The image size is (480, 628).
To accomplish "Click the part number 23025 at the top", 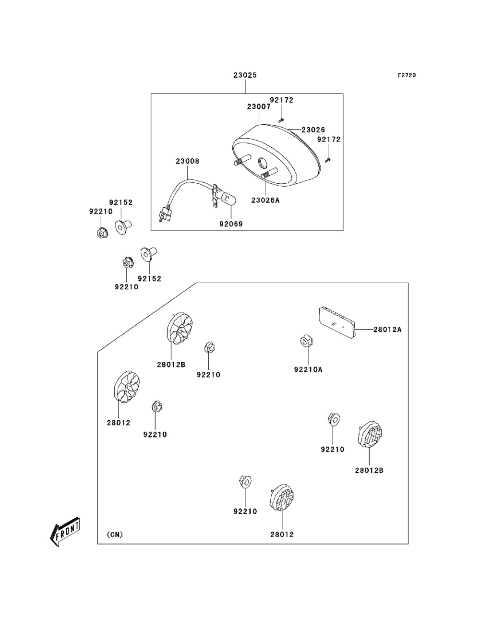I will [x=245, y=75].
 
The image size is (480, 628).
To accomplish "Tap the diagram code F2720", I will [x=406, y=75].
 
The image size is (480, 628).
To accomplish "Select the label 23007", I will [x=259, y=107].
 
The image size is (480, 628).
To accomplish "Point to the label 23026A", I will [x=265, y=201].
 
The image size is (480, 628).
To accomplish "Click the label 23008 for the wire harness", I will [x=187, y=162].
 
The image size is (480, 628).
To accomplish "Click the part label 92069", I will [x=231, y=224].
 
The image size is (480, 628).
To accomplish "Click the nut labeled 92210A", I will [x=306, y=342].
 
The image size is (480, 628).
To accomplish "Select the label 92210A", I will [x=308, y=369].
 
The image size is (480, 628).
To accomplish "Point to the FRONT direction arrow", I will [x=65, y=532].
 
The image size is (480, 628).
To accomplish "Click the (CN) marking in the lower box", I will [x=115, y=534].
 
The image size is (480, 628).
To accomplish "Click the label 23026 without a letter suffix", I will [x=313, y=130].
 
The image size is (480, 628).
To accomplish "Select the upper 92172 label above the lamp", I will [x=281, y=100].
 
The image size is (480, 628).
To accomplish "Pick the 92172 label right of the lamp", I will [x=329, y=140].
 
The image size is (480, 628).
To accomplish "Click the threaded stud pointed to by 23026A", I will [x=268, y=175].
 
